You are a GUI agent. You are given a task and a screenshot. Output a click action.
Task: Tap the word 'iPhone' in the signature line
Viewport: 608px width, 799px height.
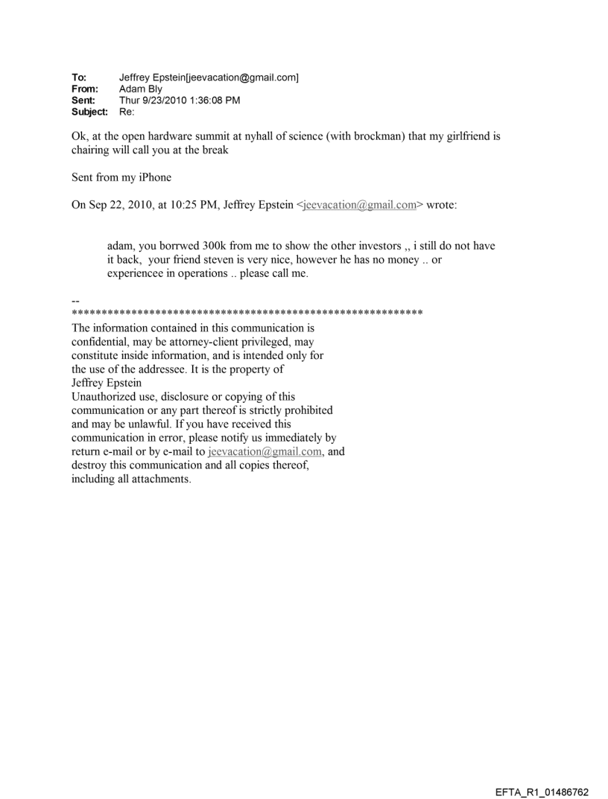click(x=154, y=178)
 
